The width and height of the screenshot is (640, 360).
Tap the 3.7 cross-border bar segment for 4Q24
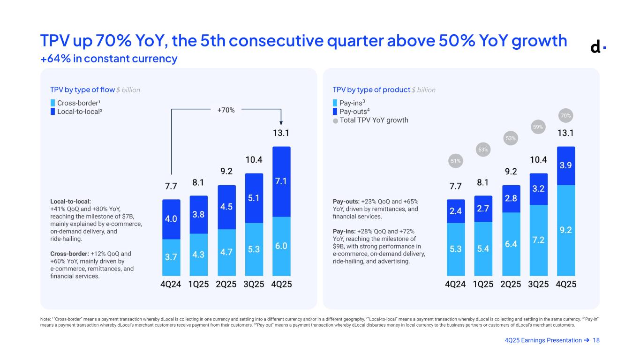[x=171, y=257]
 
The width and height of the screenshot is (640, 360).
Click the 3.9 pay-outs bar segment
[x=566, y=165]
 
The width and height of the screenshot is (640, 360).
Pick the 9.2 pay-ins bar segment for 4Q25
[x=566, y=230]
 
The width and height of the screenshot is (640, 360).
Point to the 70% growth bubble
[x=566, y=115]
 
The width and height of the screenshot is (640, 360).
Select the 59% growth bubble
[x=538, y=127]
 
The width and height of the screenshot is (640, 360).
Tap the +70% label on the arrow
[x=226, y=110]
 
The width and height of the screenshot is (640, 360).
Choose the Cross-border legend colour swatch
[x=53, y=103]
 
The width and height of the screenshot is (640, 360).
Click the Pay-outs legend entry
[x=352, y=112]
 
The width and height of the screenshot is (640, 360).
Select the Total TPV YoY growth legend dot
[x=335, y=120]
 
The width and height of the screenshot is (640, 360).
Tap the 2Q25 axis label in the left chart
[x=226, y=285]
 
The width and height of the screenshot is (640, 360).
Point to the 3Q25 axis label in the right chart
[x=539, y=285]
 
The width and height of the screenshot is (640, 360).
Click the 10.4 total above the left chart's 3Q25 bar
[x=254, y=160]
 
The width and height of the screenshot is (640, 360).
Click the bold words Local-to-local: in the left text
[x=70, y=202]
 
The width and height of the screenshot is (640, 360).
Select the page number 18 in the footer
[x=596, y=340]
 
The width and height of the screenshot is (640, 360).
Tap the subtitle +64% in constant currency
[x=109, y=59]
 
